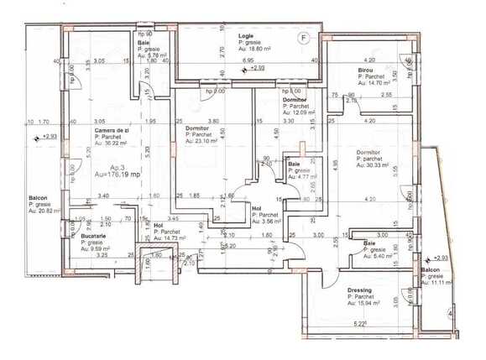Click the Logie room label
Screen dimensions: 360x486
tap(246, 36)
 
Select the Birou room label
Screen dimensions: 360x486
tap(364, 70)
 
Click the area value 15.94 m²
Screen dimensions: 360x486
tap(364, 304)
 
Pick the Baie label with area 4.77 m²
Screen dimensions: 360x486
tap(294, 163)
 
